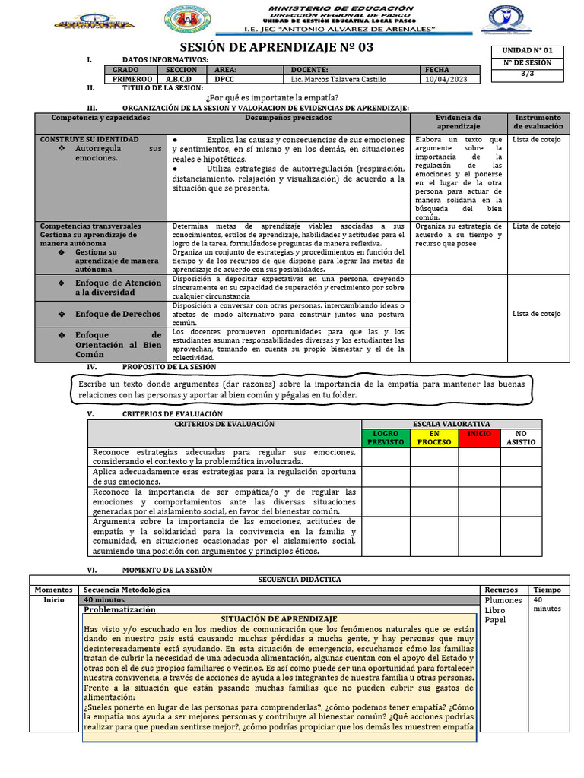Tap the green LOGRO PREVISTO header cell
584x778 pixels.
point(386,438)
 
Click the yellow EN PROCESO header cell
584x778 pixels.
point(434,438)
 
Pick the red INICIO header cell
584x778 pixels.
point(479,433)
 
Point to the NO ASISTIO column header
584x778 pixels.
point(521,438)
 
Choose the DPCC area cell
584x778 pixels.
point(224,79)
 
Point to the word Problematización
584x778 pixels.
point(119,609)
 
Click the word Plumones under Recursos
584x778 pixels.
point(503,600)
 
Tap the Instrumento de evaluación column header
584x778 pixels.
point(538,122)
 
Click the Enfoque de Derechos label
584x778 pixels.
point(118,314)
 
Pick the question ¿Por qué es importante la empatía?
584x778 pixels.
point(272,97)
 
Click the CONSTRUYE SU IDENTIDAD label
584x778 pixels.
point(89,140)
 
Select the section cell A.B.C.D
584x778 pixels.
point(179,79)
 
